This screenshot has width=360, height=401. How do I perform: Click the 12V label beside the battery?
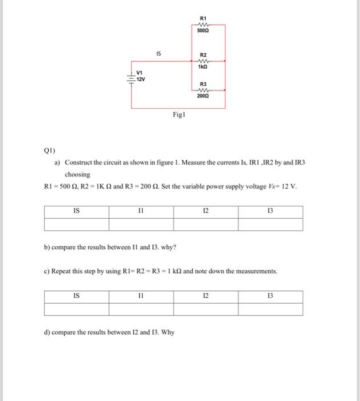[x=140, y=80]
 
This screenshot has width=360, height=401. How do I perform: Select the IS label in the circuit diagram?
[x=159, y=54]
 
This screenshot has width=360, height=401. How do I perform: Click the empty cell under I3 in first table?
[x=270, y=224]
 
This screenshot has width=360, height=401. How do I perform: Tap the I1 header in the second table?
[x=140, y=297]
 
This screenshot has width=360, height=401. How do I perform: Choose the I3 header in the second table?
[x=270, y=297]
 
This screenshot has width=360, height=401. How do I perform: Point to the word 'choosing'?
[x=77, y=175]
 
